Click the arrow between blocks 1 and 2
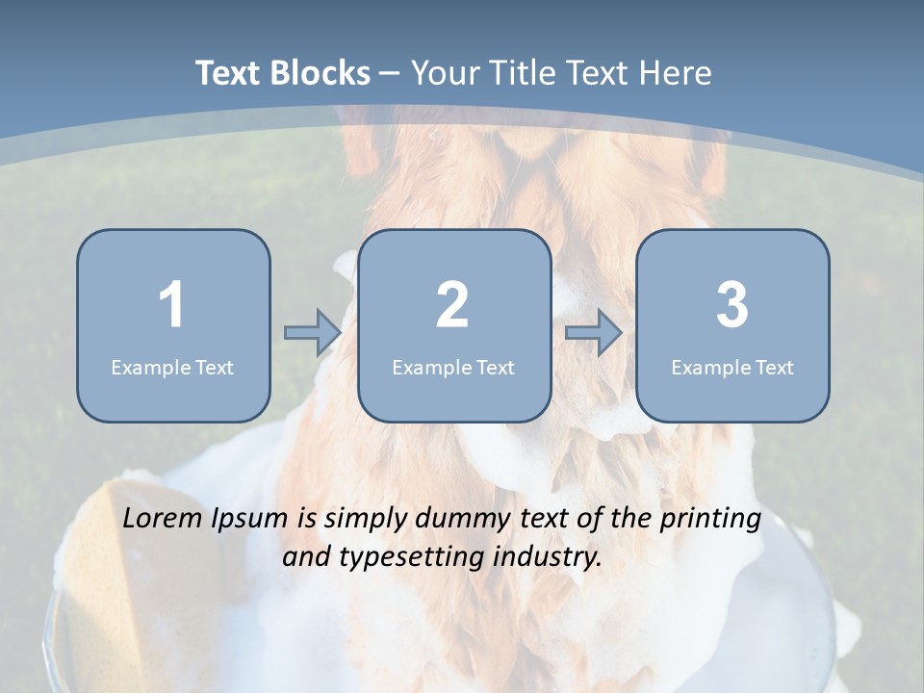point(313,333)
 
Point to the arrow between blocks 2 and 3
point(594,333)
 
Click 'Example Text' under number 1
point(172,367)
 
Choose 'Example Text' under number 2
point(453,367)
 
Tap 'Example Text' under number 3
point(732,367)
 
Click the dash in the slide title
point(391,74)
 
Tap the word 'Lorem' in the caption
point(163,519)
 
